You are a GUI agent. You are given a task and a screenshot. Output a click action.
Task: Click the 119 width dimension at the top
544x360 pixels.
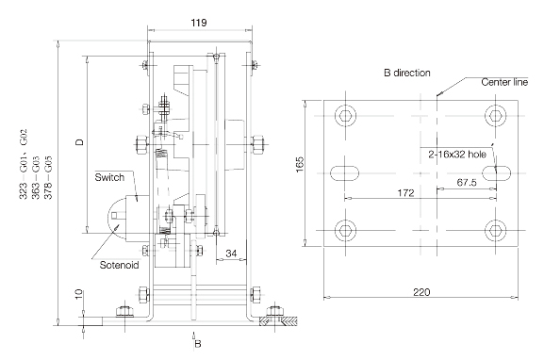[x=199, y=23]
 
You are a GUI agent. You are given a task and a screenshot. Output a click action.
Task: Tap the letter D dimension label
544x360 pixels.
[x=80, y=142]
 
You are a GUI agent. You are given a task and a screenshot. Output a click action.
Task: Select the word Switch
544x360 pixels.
[x=109, y=177]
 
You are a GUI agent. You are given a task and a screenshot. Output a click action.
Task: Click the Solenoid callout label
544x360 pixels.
[x=119, y=265]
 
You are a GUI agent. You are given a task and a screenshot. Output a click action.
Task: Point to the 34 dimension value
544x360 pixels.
[x=231, y=254]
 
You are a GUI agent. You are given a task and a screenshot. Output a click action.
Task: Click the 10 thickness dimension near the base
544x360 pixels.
[x=79, y=294]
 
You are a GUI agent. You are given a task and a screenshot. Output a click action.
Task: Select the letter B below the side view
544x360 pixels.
[x=198, y=344]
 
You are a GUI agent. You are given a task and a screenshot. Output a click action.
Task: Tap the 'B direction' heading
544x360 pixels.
[x=407, y=73]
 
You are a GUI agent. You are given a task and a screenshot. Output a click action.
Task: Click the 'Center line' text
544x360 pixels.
[x=504, y=82]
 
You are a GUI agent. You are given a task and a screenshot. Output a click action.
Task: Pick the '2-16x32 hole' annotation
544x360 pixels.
[x=457, y=155]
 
